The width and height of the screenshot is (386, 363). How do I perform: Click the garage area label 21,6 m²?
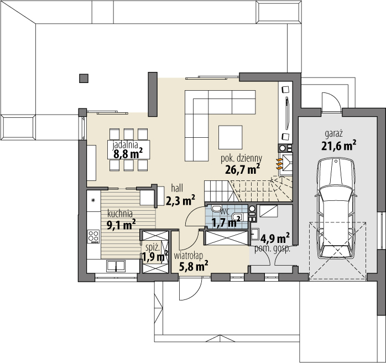[x=339, y=146]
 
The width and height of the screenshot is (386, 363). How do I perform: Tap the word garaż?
[x=334, y=134]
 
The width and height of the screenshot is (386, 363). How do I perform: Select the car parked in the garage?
[x=336, y=208]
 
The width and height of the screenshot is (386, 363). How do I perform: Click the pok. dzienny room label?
[x=241, y=158]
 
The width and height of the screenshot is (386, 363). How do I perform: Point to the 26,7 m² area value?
[x=242, y=169]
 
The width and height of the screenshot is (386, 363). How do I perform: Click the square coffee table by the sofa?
[x=230, y=137]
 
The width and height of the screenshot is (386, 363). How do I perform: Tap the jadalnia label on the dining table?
[x=126, y=145]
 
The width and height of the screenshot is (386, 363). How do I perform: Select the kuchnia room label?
[x=120, y=214]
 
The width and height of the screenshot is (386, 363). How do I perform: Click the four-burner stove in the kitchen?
[x=93, y=236]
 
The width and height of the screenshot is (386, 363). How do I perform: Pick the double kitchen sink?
[x=116, y=266]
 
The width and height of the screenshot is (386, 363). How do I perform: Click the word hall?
[x=177, y=188]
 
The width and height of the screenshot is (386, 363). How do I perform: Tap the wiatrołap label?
[x=189, y=256]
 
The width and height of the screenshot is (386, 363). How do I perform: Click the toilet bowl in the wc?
[x=216, y=209]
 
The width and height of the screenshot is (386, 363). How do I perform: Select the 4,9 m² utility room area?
[x=275, y=238]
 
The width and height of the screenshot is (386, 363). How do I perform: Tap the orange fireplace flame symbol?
[x=279, y=164]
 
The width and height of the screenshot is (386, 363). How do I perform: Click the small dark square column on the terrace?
[x=84, y=79]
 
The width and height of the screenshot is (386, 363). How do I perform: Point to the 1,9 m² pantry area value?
[x=155, y=257]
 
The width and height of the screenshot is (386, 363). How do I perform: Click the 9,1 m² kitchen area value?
[x=121, y=225]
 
